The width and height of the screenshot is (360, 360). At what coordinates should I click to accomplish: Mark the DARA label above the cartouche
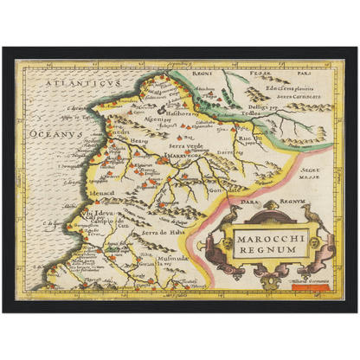pyautogui.click(x=246, y=201)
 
